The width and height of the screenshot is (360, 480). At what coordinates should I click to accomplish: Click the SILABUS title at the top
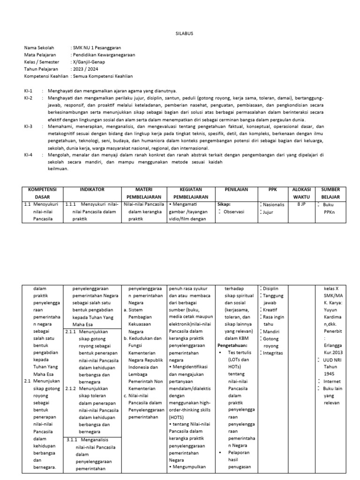[x=180, y=34]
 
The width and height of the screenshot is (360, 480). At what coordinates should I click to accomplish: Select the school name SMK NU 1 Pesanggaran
[x=95, y=48]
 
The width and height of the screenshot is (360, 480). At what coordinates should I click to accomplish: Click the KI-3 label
[x=29, y=127]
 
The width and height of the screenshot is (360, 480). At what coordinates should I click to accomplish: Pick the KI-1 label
[x=29, y=91]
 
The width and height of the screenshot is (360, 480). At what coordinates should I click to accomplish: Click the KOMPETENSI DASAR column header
[x=43, y=193]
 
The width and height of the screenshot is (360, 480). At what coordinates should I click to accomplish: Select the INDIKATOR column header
[x=92, y=189]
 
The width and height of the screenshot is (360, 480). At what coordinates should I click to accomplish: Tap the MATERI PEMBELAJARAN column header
[x=144, y=193]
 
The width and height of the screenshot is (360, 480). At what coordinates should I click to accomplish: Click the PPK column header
[x=273, y=189]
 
